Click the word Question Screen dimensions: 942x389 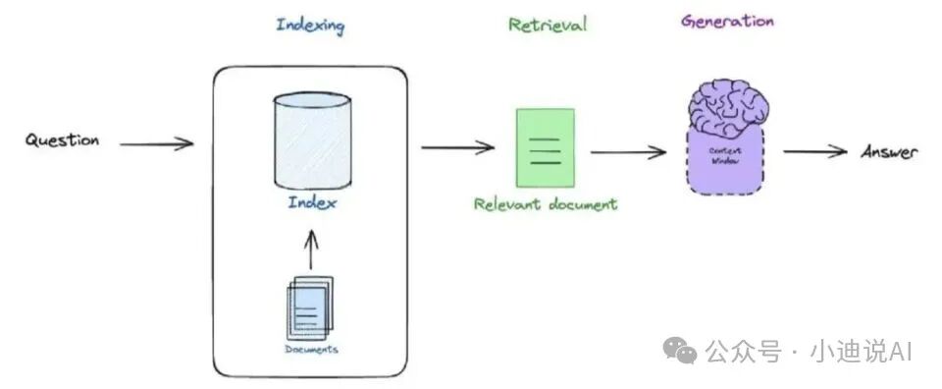62,140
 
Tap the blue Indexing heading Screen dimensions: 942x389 310,26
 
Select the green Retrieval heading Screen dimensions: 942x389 548,25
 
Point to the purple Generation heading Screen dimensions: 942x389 727,22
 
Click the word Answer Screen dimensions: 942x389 890,152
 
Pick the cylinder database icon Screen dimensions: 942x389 312,141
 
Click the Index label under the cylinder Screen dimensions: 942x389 312,202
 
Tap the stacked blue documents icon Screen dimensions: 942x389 309,307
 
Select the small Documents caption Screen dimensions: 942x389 311,350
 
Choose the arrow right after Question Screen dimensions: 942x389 156,143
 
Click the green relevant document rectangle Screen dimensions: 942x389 546,148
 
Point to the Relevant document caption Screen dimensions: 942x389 546,204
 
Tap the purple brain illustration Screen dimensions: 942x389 728,109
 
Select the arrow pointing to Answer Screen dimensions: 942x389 815,151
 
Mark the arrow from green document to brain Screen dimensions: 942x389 628,152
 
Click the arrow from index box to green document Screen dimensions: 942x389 458,147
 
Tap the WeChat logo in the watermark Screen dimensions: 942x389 680,350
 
